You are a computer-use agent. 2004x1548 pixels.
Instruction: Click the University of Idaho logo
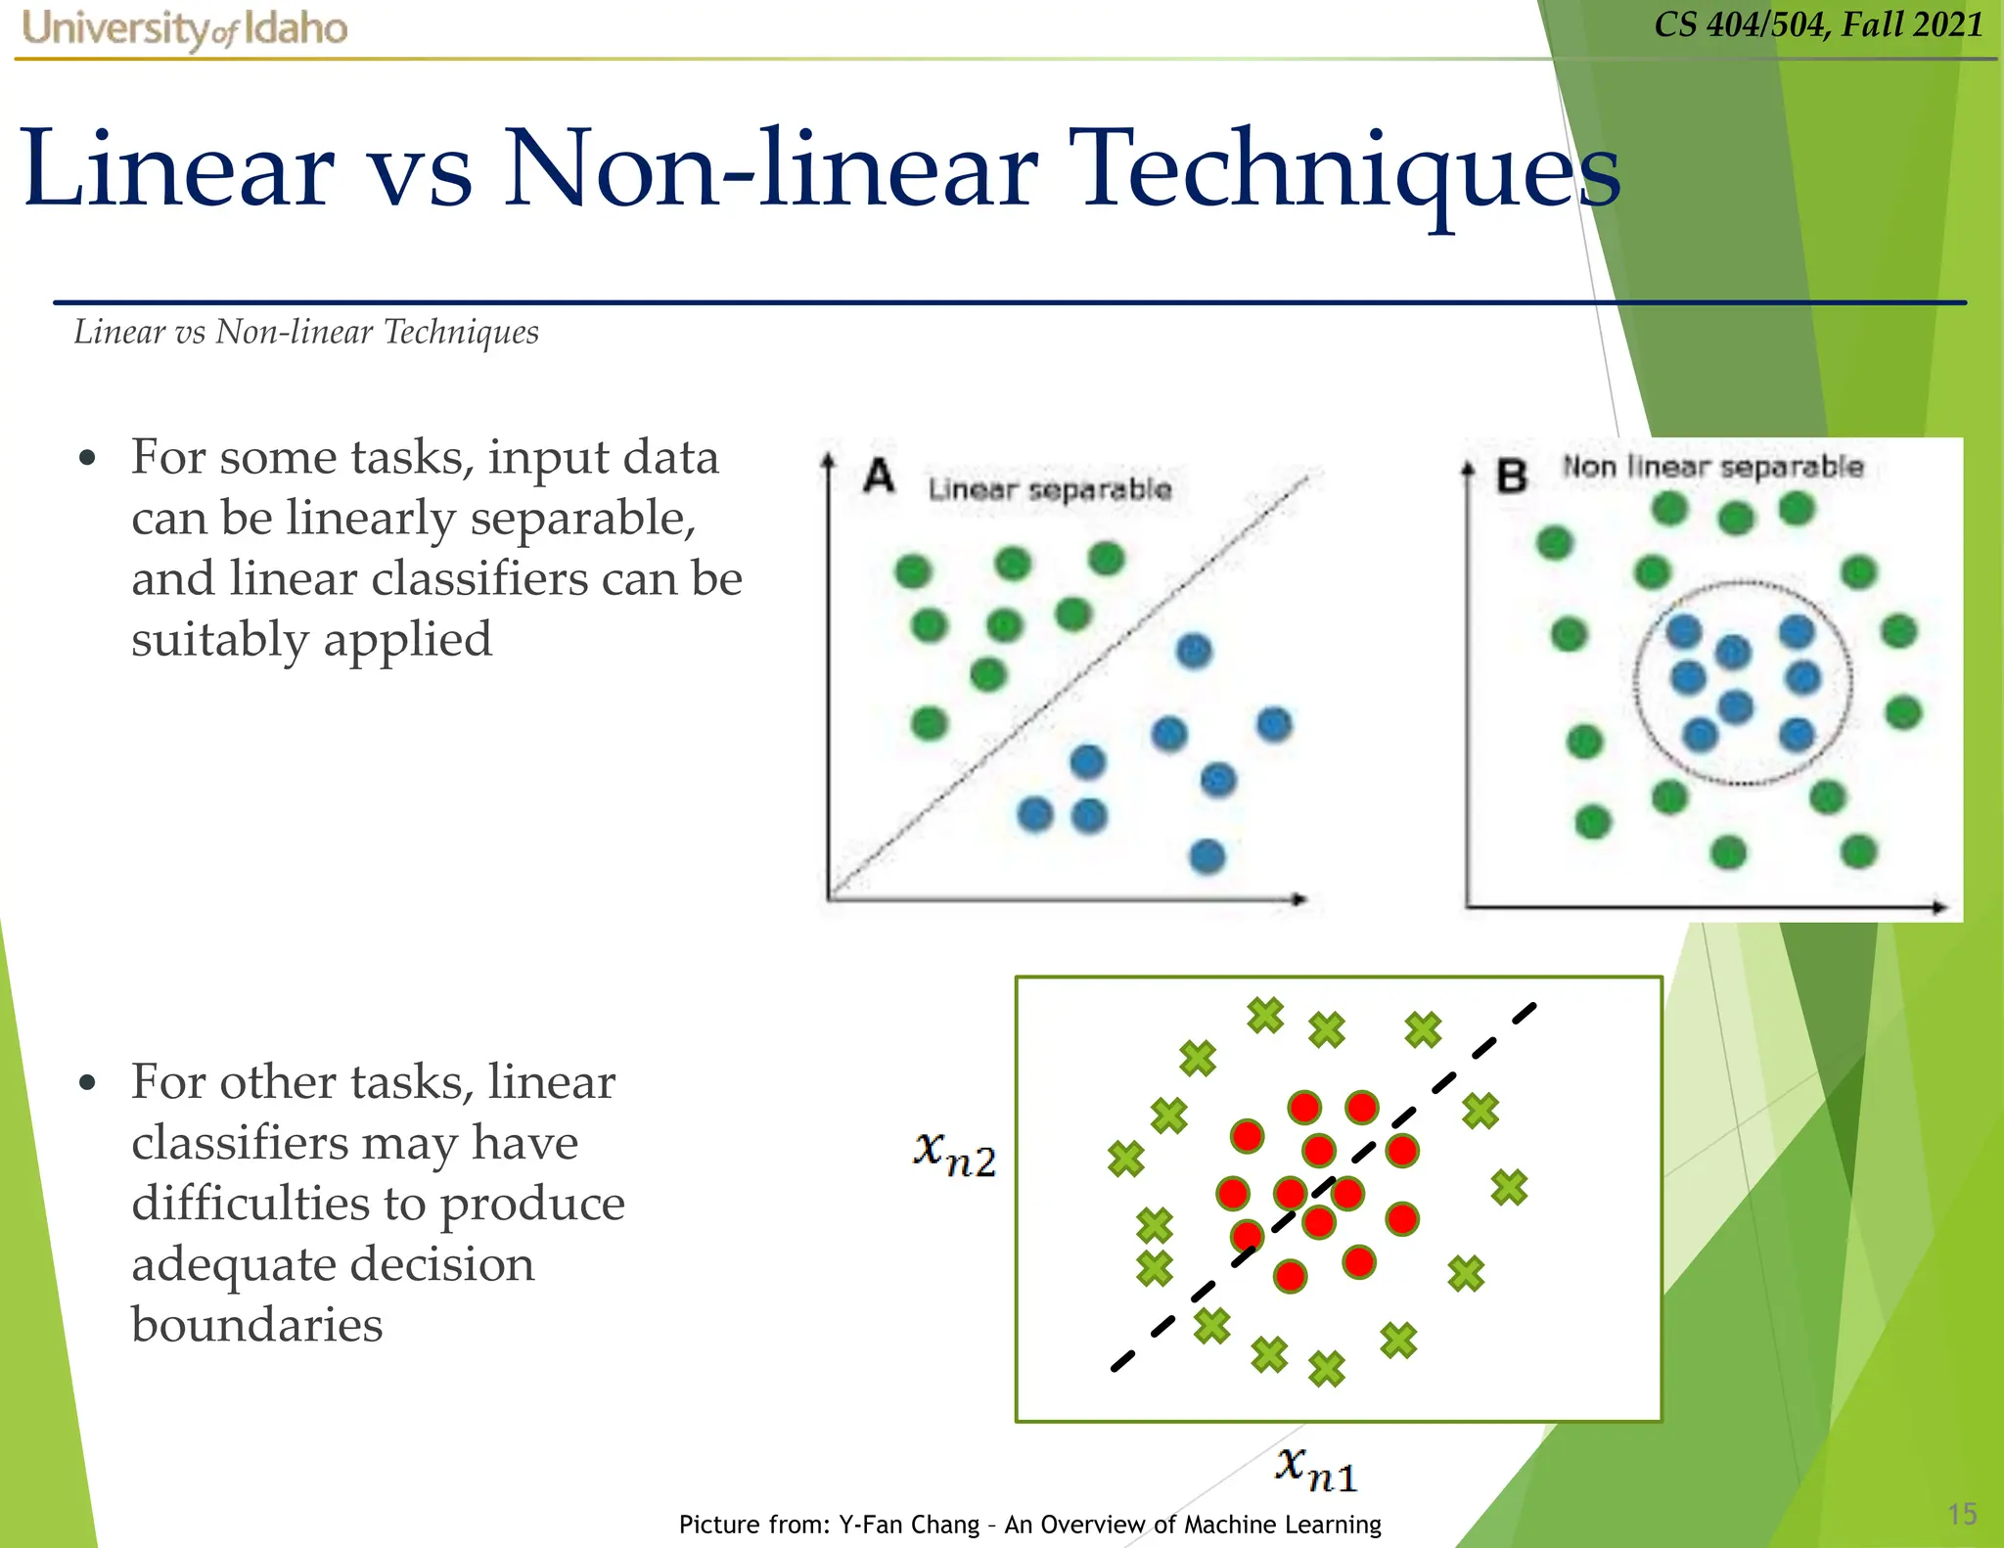[x=184, y=28]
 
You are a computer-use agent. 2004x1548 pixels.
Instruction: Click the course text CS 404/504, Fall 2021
[x=1818, y=24]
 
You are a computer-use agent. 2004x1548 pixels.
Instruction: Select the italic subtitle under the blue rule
[x=306, y=333]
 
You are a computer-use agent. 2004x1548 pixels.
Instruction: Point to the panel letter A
[x=879, y=477]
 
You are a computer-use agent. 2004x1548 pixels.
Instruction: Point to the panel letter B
[x=1512, y=477]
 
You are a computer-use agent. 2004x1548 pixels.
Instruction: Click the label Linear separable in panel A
[x=1049, y=488]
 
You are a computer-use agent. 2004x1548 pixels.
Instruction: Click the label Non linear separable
[x=1712, y=467]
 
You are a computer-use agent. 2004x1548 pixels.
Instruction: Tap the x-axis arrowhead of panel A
[x=1299, y=898]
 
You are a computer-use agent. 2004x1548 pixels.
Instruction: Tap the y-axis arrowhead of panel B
[x=1468, y=469]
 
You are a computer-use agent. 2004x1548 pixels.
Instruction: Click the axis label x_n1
[x=1316, y=1469]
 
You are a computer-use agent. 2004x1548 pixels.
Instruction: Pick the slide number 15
[x=1962, y=1514]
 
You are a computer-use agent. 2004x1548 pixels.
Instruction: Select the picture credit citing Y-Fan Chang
[x=1029, y=1524]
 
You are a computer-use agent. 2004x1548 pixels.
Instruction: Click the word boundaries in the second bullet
[x=257, y=1324]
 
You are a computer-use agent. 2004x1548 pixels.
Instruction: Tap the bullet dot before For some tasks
[x=88, y=458]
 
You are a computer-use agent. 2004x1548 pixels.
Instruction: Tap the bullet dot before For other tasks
[x=88, y=1083]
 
